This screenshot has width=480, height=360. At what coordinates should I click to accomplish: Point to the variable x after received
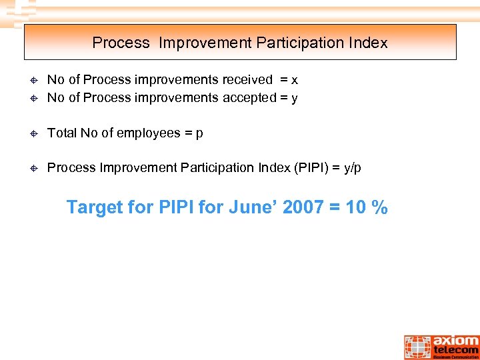pos(295,80)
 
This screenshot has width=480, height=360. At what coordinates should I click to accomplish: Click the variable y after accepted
pos(294,99)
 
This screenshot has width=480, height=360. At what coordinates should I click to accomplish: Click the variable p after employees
pos(199,134)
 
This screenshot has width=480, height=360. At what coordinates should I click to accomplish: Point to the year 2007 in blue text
pos(304,207)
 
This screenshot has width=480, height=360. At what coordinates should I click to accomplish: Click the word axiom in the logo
pos(455,340)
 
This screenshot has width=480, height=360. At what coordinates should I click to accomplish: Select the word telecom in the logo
pos(456,350)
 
